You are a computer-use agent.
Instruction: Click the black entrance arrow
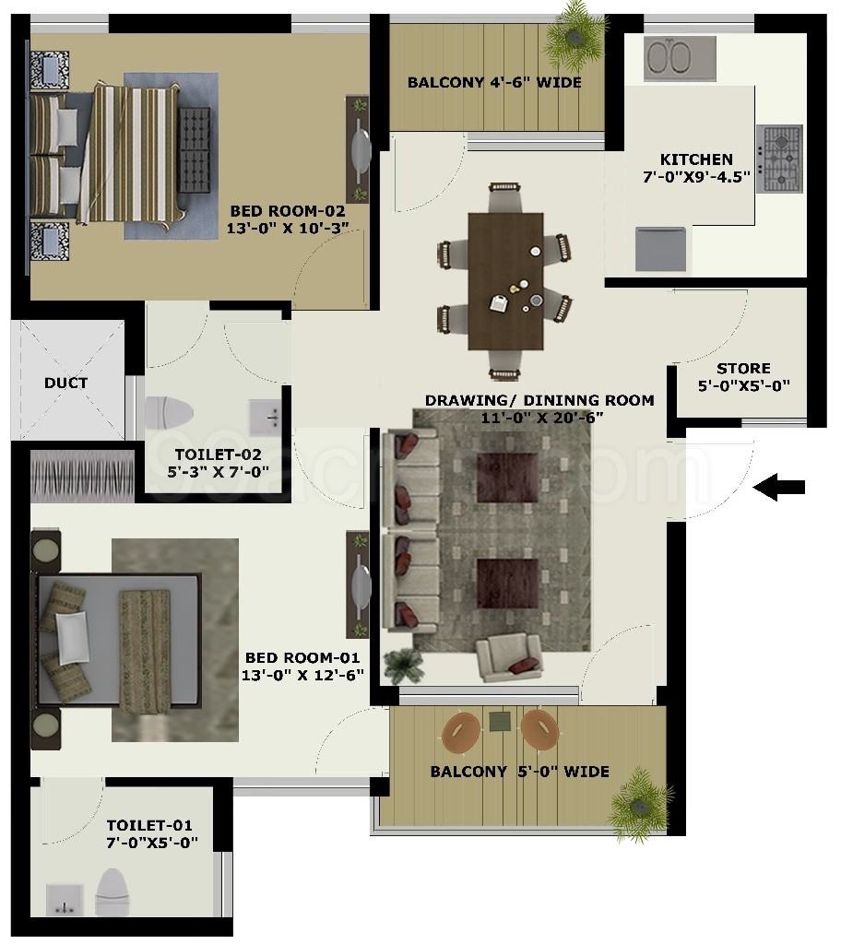pyautogui.click(x=779, y=487)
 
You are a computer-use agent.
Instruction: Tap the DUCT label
pyautogui.click(x=65, y=383)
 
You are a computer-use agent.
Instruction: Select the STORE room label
pyautogui.click(x=743, y=369)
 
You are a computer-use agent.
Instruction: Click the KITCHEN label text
pyautogui.click(x=696, y=159)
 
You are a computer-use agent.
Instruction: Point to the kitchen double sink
pyautogui.click(x=680, y=58)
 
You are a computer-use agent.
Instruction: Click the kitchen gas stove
pyautogui.click(x=779, y=159)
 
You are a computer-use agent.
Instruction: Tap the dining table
pyautogui.click(x=505, y=280)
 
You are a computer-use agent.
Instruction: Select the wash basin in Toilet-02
pyautogui.click(x=265, y=416)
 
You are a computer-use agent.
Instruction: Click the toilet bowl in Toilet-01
pyautogui.click(x=113, y=892)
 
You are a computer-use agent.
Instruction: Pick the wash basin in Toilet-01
pyautogui.click(x=65, y=900)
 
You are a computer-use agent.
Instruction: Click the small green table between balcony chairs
pyautogui.click(x=500, y=721)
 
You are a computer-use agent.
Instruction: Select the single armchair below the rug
pyautogui.click(x=508, y=656)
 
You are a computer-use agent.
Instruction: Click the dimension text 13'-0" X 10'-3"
pyautogui.click(x=288, y=229)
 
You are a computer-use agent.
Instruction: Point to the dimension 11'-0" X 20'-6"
pyautogui.click(x=542, y=418)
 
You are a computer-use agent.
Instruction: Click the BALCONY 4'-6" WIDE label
pyautogui.click(x=494, y=82)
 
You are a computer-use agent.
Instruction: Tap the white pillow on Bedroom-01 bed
pyautogui.click(x=72, y=638)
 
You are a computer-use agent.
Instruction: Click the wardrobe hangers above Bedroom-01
pyautogui.click(x=83, y=476)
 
